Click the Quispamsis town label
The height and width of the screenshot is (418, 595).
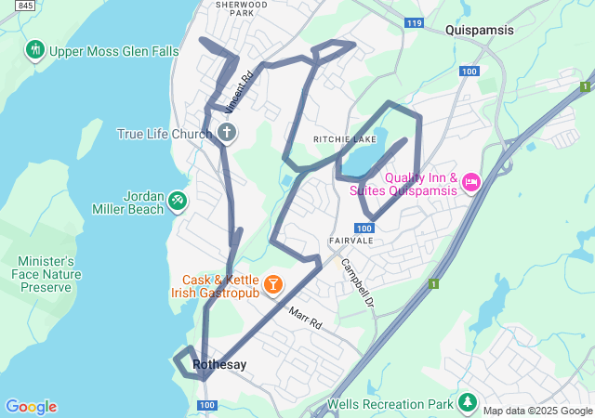479,31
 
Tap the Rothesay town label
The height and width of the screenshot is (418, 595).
219,365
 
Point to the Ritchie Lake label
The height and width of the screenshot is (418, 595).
343,139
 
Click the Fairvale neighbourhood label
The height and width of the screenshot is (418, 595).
350,241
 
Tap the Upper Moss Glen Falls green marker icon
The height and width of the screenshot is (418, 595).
36,49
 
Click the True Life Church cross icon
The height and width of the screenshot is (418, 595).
226,133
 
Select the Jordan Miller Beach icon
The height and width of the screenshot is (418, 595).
178,200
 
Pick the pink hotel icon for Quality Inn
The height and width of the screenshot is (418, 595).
470,179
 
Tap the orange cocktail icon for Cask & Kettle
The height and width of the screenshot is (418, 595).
274,284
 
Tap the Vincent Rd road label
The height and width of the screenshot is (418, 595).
239,93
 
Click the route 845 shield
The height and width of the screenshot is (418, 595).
26,7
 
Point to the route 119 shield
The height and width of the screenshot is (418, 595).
415,22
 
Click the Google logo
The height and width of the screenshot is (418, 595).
31,407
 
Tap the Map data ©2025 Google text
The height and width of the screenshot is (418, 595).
537,411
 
